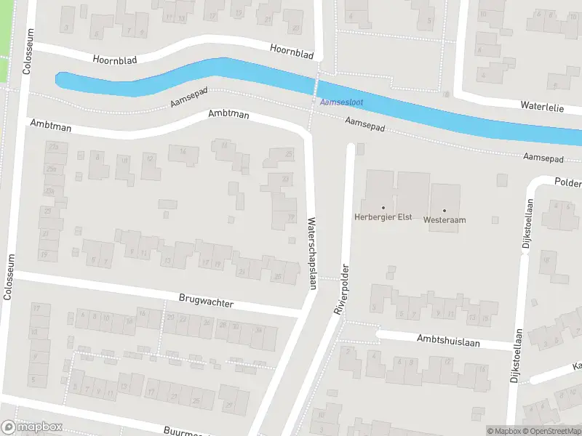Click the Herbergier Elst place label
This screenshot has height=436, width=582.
coord(383,217)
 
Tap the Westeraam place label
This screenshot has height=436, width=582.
coord(445,219)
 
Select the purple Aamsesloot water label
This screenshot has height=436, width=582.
coord(341,102)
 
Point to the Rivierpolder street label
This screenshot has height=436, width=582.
coord(341,288)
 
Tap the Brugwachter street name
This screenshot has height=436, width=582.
coord(206,300)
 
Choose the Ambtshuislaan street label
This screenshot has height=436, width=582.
coord(448,340)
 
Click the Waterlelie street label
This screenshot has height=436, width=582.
coord(543,105)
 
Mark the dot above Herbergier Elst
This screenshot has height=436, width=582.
coord(383,208)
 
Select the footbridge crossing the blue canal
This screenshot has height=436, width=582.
coord(316,88)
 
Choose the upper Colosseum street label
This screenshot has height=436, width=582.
coord(28,52)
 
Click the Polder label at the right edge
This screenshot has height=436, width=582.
coord(567,182)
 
